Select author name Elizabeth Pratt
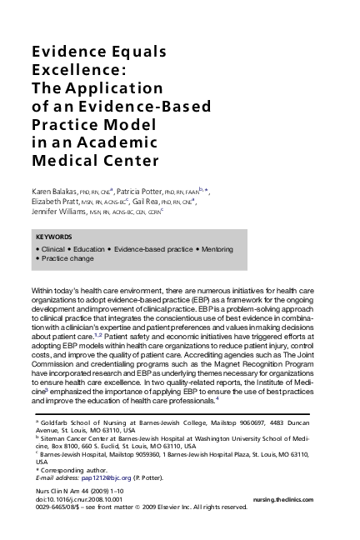55,201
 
